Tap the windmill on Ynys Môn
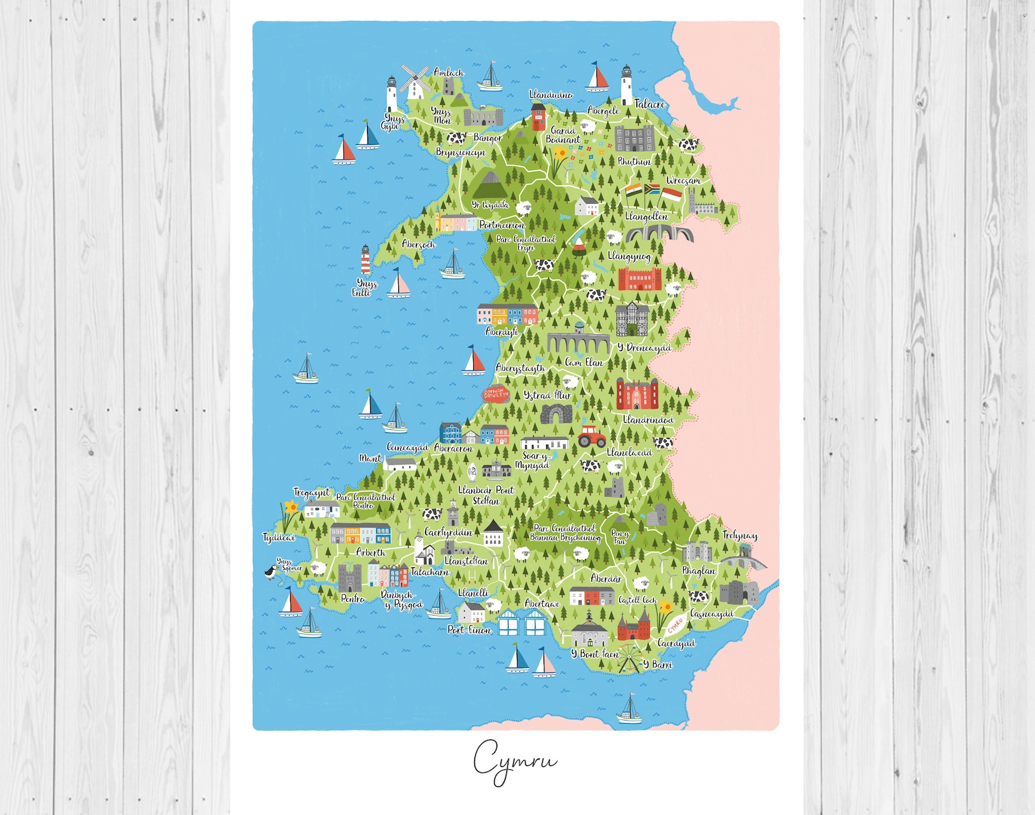pos(415,81)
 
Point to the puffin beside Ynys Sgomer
pos(270,573)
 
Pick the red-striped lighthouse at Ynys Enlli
pos(365,260)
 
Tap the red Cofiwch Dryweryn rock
pos(495,394)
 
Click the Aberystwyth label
pos(519,368)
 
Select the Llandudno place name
pos(551,95)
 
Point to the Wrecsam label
pos(683,180)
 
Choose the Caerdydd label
pos(676,644)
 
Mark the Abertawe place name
pos(542,604)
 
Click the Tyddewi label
pos(279,537)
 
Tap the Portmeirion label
pos(501,225)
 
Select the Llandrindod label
pos(648,420)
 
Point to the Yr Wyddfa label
pos(490,205)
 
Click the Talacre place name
pos(650,104)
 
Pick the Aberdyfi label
pos(501,332)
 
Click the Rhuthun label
pos(634,162)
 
